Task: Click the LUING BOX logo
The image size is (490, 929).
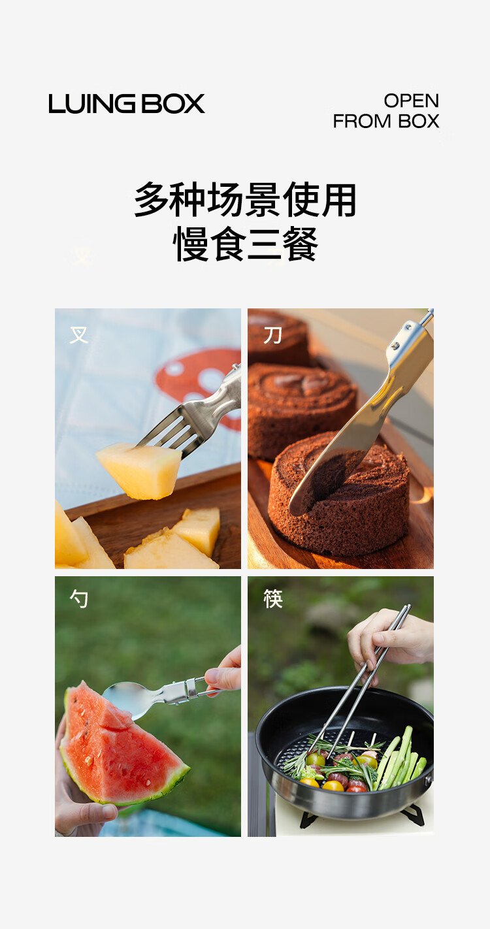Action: tap(127, 104)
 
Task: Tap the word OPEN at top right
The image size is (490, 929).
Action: tap(411, 101)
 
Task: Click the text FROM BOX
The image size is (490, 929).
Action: tap(386, 121)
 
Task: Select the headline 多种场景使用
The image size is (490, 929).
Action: tap(245, 199)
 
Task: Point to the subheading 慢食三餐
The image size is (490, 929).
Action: tap(245, 244)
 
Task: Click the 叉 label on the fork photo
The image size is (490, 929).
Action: tap(79, 335)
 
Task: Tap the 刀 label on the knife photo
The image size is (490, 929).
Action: tap(272, 335)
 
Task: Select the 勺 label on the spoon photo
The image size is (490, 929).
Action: tap(79, 599)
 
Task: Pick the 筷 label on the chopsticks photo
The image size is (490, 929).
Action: tap(272, 599)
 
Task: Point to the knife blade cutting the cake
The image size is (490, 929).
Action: tap(332, 461)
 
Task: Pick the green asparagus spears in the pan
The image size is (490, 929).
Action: tap(400, 760)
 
